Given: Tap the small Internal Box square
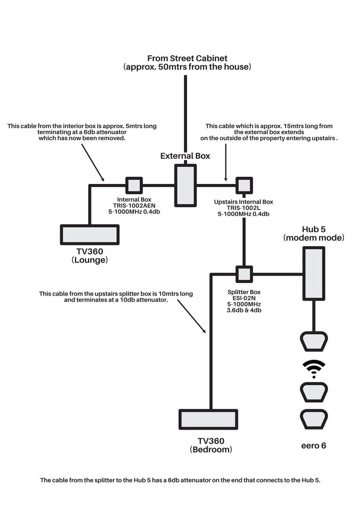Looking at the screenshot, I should click(134, 184).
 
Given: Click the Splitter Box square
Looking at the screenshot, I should click(244, 274).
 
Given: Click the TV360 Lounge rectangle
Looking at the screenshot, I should click(90, 234).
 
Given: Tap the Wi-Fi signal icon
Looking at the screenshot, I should click(314, 368).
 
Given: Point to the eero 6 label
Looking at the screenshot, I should click(313, 445).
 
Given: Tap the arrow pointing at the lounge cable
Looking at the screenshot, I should click(92, 164).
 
